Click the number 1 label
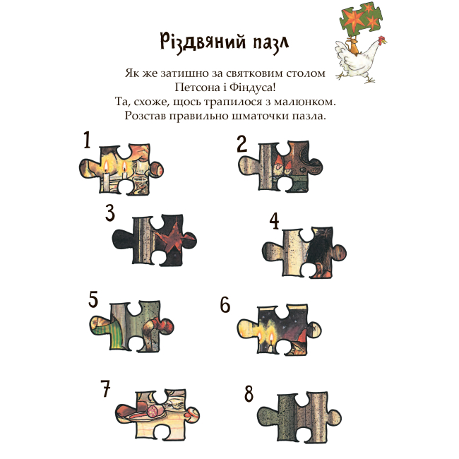pyautogui.click(x=87, y=140)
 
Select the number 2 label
pyautogui.click(x=242, y=144)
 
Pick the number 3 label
pyautogui.click(x=110, y=213)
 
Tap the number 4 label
pyautogui.click(x=275, y=221)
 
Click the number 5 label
pyautogui.click(x=93, y=299)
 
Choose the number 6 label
pyautogui.click(x=225, y=304)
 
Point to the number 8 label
pyautogui.click(x=249, y=393)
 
